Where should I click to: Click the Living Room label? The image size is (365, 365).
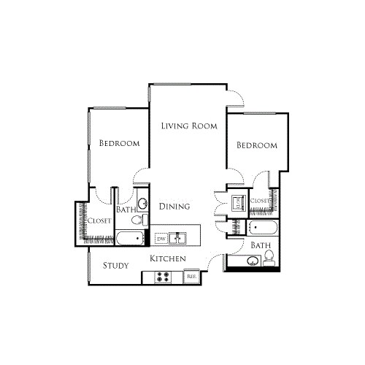(189, 126)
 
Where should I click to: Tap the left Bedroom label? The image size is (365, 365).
(119, 143)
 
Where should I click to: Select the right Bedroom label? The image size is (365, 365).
(257, 145)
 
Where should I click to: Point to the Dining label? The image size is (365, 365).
(174, 207)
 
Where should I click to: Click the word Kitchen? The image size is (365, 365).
(168, 259)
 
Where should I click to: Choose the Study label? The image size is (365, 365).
(116, 266)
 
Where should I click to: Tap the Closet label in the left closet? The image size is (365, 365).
(99, 221)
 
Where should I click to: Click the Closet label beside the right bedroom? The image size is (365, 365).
(260, 201)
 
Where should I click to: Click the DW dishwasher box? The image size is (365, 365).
(161, 239)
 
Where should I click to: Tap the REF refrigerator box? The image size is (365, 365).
(191, 277)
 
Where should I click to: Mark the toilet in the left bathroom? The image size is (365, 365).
(144, 218)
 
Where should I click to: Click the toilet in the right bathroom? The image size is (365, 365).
(269, 256)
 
